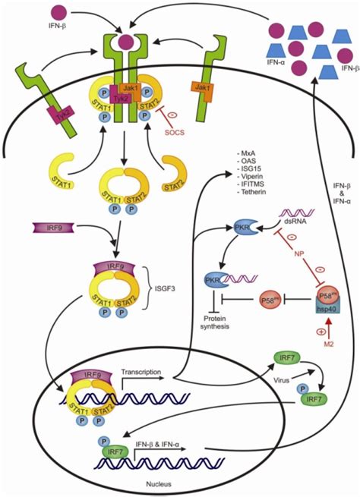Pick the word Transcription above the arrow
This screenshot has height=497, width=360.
pos(142,374)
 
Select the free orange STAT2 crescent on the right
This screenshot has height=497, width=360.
pos(177,183)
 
